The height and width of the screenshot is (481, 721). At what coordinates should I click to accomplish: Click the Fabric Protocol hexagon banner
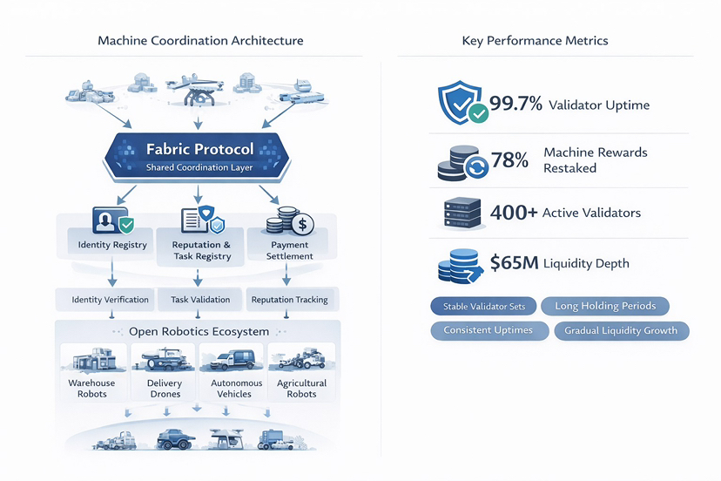coord(200,156)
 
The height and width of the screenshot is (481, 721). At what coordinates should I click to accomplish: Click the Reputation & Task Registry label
coord(201,251)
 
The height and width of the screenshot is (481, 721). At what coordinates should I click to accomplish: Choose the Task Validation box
coord(200,300)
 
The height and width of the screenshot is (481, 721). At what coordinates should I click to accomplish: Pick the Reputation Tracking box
coord(289,300)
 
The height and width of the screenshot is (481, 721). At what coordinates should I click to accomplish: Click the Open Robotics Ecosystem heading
coord(199,331)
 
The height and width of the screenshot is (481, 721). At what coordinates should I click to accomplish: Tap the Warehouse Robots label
coord(91,389)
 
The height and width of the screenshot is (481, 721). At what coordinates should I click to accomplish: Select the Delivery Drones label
coord(165,389)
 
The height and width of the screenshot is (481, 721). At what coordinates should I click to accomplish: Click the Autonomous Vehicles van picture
coord(232,360)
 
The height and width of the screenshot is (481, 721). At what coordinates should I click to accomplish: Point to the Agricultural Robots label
coord(301,389)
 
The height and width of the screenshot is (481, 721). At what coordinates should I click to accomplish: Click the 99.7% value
coord(515,105)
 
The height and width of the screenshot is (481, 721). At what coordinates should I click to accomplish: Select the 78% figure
coord(510,160)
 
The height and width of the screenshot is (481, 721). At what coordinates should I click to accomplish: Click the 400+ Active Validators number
coord(514,213)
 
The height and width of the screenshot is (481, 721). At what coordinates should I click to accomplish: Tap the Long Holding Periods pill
coord(604,306)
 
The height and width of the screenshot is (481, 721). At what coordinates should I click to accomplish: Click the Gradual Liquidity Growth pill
coord(621,331)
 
